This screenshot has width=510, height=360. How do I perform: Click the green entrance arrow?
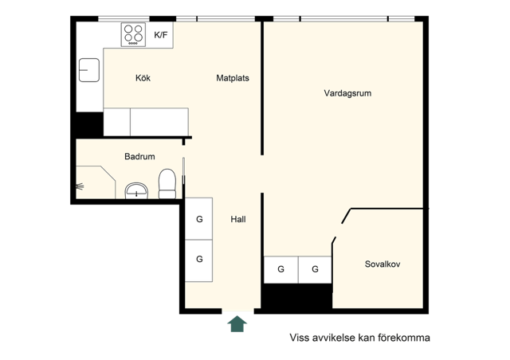pos(237,324)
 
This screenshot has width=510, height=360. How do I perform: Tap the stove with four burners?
pos(133,34)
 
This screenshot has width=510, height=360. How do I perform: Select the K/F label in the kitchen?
pos(161,35)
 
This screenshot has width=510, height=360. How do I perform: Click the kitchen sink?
pos(89,70)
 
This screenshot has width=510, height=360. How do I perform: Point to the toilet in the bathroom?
pos(167,184)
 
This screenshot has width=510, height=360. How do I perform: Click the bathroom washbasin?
pos(136,191)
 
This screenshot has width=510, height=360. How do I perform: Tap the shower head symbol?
pos(80,186)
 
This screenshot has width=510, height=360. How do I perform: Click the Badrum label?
pos(139,156)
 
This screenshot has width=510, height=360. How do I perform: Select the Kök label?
pos(143,78)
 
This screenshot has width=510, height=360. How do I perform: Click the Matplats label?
pos(233,78)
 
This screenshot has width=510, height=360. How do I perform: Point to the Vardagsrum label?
pos(347,93)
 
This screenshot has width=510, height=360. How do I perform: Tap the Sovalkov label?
pos(382,264)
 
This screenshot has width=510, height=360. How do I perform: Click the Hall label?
pos(238,220)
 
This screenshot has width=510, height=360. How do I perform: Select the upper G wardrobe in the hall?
pos(198,219)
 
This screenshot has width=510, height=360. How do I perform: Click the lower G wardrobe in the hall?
pos(198,260)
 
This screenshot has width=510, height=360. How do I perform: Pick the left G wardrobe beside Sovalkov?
pos(281,269)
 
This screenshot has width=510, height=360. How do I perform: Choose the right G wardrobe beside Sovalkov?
pos(315,269)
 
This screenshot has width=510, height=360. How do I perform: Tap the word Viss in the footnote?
pos(300,338)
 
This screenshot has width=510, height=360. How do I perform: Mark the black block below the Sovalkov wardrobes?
pos(297,296)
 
